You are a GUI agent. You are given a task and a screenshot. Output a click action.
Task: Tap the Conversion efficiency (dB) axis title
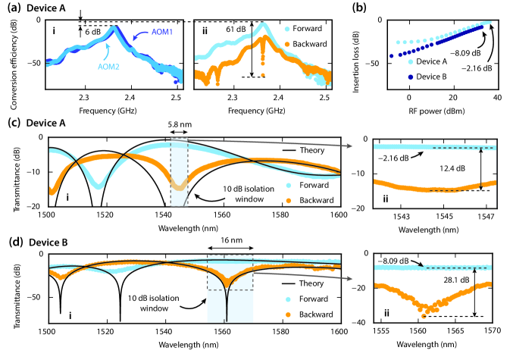pos(8,57)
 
